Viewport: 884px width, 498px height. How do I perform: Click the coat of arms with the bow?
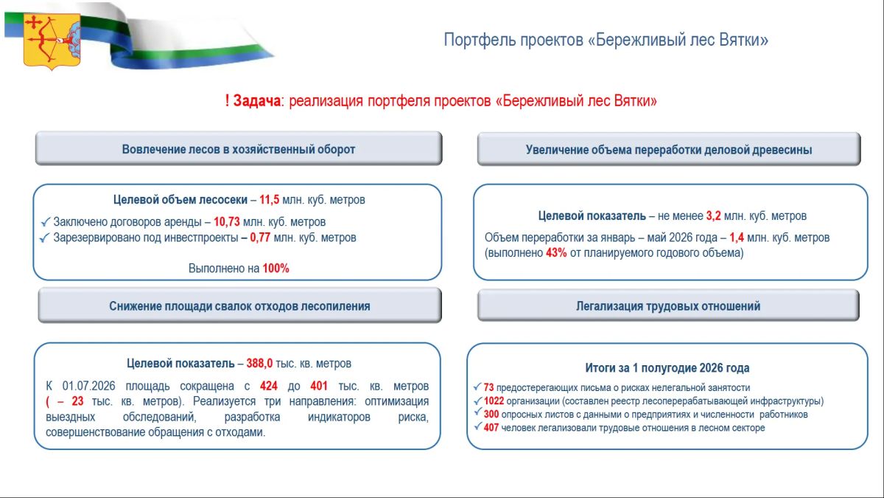pos(52,41)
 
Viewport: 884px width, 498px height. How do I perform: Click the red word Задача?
pos(256,101)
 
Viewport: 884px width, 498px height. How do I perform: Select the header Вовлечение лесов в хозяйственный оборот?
pos(239,149)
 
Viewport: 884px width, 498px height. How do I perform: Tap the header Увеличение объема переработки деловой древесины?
pos(669,149)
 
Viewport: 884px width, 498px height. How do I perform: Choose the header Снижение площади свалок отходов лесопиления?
pos(239,306)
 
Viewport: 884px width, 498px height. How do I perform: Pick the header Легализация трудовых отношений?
pos(668,306)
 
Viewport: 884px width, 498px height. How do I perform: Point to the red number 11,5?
pos(269,200)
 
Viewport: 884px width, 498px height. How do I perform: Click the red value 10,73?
pos(227,222)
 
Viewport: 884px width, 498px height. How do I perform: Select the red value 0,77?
pos(260,238)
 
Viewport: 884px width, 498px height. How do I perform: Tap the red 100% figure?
pos(276,269)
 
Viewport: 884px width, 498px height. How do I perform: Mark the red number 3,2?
pos(713,215)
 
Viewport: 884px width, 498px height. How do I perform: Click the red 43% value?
pos(556,252)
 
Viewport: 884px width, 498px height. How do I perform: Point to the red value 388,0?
pos(259,363)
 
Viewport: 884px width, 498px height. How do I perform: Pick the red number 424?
pos(269,386)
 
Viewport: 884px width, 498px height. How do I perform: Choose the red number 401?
pos(319,386)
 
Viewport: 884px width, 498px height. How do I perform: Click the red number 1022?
pos(494,401)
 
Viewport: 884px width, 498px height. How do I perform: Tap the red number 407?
pos(491,428)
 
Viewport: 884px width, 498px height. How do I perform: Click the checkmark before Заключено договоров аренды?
pos(46,222)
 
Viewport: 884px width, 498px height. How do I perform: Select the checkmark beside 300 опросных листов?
pos(477,412)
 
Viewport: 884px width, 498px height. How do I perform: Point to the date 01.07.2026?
pos(89,386)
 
